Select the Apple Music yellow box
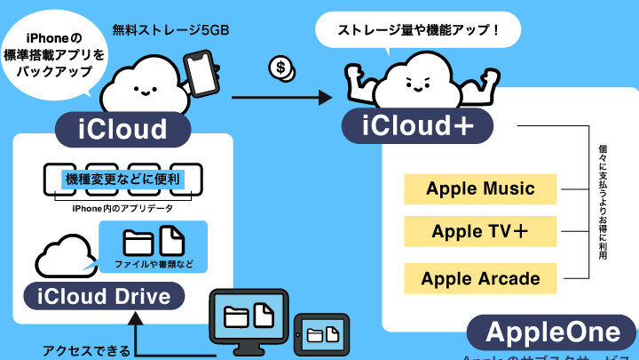[x=480, y=188]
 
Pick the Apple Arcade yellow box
[x=480, y=278]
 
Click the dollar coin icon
[x=283, y=69]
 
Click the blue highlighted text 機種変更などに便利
[x=123, y=180]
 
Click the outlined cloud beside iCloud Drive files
[x=65, y=255]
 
